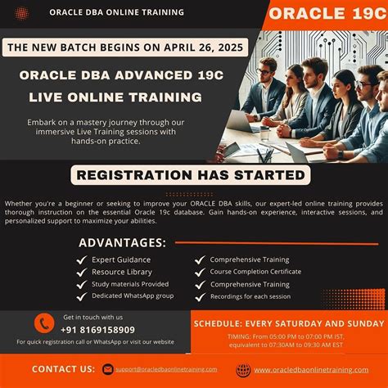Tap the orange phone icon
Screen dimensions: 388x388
click(44, 324)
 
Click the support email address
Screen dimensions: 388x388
click(166, 369)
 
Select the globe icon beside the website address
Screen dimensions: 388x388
click(243, 370)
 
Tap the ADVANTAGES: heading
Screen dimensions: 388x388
click(122, 242)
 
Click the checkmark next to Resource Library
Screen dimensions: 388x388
click(82, 272)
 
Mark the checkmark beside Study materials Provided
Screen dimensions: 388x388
click(82, 285)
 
